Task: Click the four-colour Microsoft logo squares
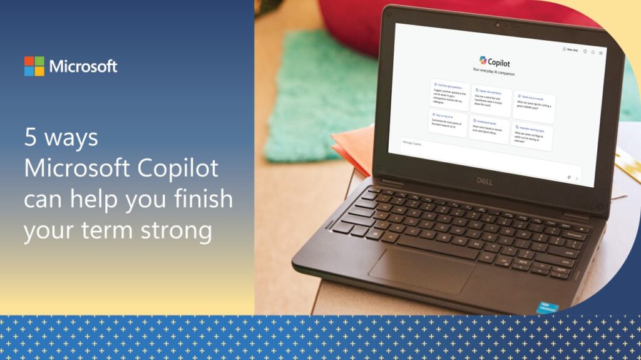pyautogui.click(x=34, y=66)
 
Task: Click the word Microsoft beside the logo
pyautogui.click(x=83, y=66)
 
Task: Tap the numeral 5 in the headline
pyautogui.click(x=30, y=138)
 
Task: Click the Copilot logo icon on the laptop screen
pyautogui.click(x=483, y=60)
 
